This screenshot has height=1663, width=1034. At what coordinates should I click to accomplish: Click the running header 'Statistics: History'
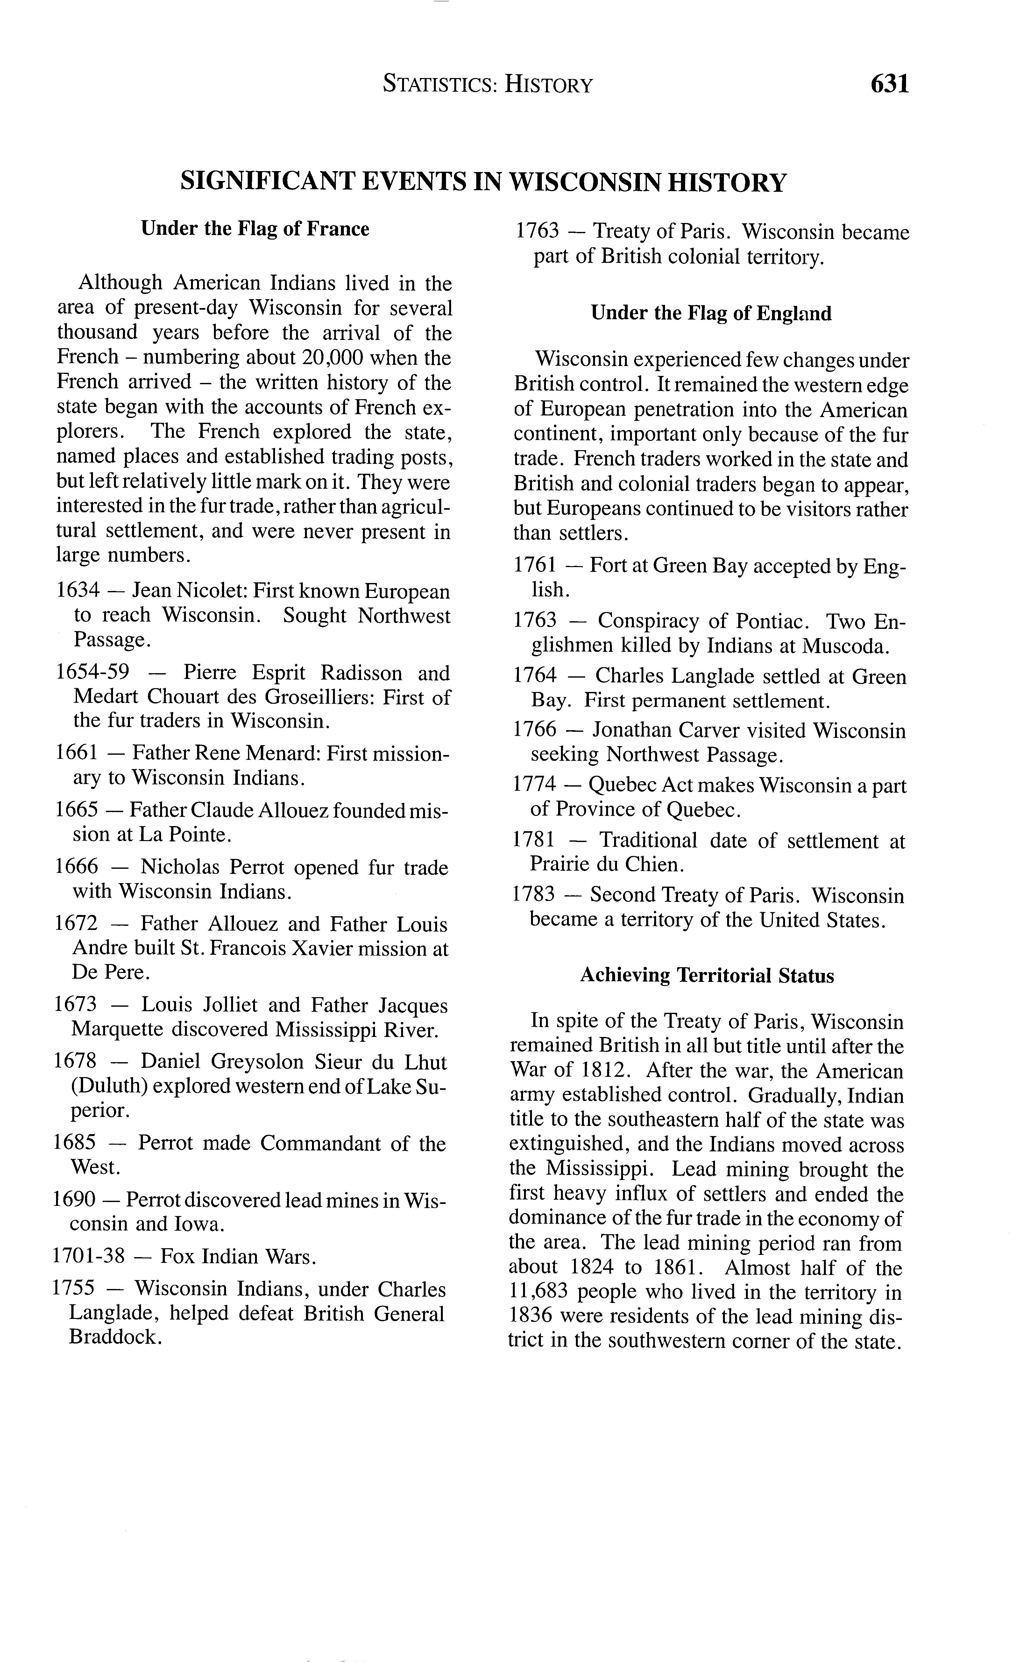(x=488, y=85)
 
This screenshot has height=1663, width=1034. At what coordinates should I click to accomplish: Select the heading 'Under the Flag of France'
(x=255, y=228)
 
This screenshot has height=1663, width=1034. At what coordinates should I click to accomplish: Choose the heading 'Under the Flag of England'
(x=711, y=313)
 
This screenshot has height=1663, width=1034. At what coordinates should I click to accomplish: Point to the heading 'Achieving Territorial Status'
(x=707, y=975)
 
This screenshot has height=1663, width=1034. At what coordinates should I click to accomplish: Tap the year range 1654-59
(x=92, y=673)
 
